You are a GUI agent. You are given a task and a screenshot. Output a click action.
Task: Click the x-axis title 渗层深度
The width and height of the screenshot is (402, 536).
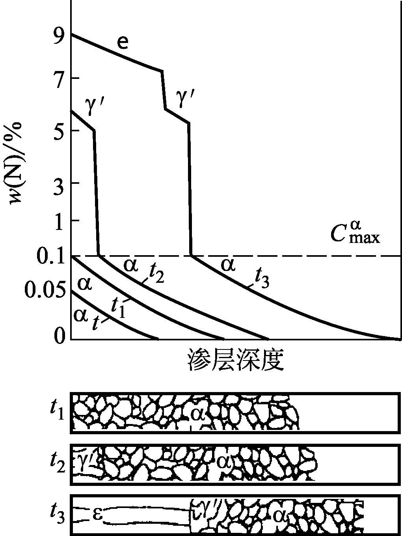(236, 359)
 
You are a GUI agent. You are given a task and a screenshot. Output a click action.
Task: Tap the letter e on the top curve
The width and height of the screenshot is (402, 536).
(123, 42)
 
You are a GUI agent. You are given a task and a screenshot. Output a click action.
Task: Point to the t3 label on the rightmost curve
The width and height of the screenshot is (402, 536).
(262, 279)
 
